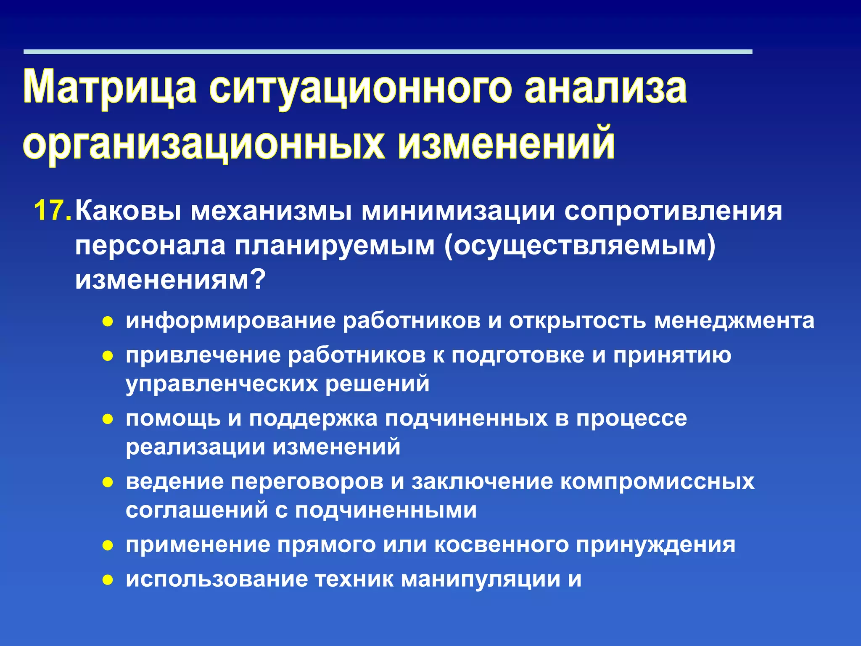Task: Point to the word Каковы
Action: [129, 211]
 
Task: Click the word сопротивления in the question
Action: [673, 211]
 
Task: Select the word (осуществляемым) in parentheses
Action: [580, 246]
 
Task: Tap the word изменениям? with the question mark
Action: [170, 280]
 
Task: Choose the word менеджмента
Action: [734, 321]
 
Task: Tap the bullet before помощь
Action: [108, 419]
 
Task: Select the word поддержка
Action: [313, 419]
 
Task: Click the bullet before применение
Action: [108, 546]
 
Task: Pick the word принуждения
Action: [655, 545]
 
